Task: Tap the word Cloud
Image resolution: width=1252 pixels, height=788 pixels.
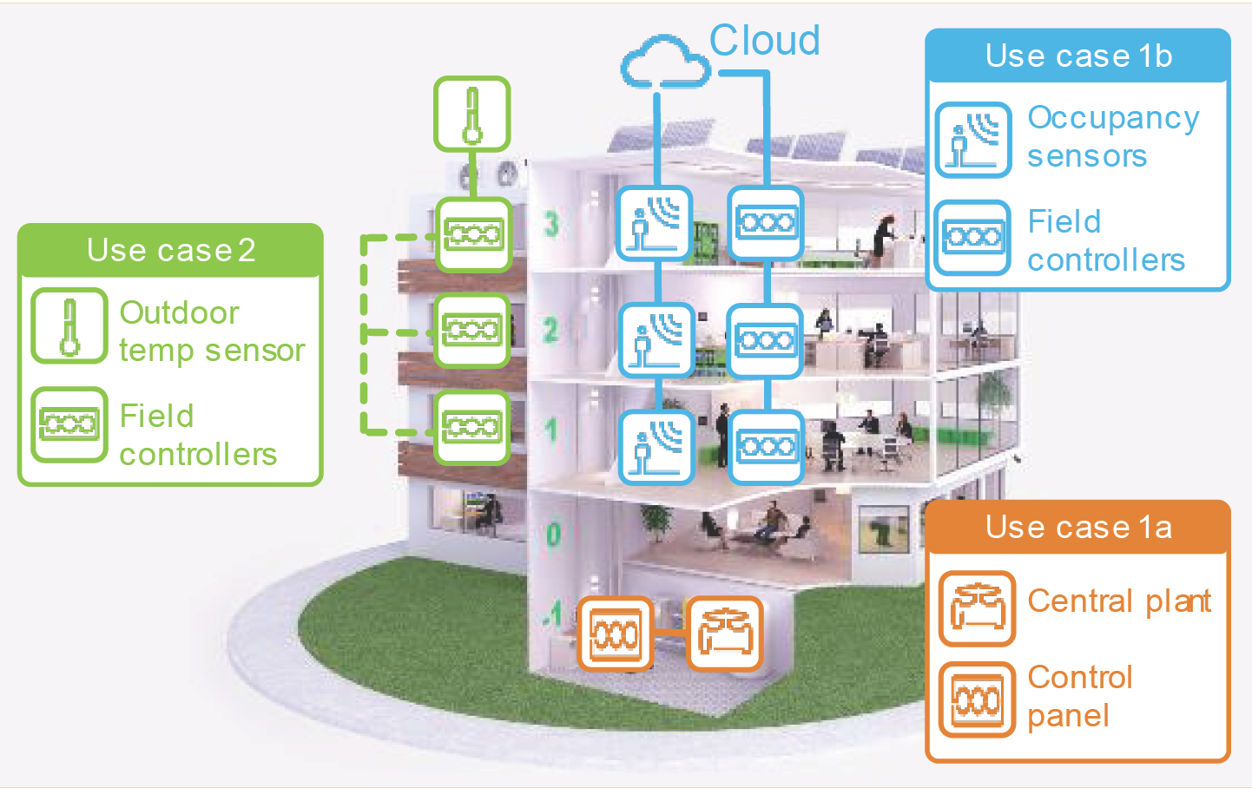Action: coord(765,40)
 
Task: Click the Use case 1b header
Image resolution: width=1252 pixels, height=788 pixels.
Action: coord(1078,56)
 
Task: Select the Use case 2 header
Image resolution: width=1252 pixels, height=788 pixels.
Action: coord(170,250)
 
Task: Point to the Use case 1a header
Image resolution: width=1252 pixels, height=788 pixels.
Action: coord(1078,527)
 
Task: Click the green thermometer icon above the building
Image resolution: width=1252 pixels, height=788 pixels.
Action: coord(472,114)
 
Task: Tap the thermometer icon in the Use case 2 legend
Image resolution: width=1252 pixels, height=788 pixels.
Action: coord(69,325)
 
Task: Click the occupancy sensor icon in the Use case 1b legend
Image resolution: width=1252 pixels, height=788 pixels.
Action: coord(973,140)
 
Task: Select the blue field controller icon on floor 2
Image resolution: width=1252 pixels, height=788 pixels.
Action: coord(765,341)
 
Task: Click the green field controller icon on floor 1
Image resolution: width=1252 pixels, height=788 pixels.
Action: coord(472,428)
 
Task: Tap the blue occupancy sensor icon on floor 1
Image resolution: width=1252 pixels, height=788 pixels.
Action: coord(656,447)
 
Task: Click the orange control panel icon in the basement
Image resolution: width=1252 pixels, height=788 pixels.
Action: coord(616,634)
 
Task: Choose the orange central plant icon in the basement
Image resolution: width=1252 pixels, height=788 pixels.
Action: coord(725,634)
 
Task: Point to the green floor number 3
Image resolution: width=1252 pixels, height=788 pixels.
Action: coord(551,225)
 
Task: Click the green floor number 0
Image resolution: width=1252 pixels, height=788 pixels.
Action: coord(553,535)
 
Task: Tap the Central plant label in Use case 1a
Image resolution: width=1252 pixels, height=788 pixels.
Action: coord(1119,602)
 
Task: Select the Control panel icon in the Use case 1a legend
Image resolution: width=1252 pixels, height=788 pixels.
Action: coord(977,699)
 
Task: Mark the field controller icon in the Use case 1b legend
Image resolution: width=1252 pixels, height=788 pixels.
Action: coord(973,238)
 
